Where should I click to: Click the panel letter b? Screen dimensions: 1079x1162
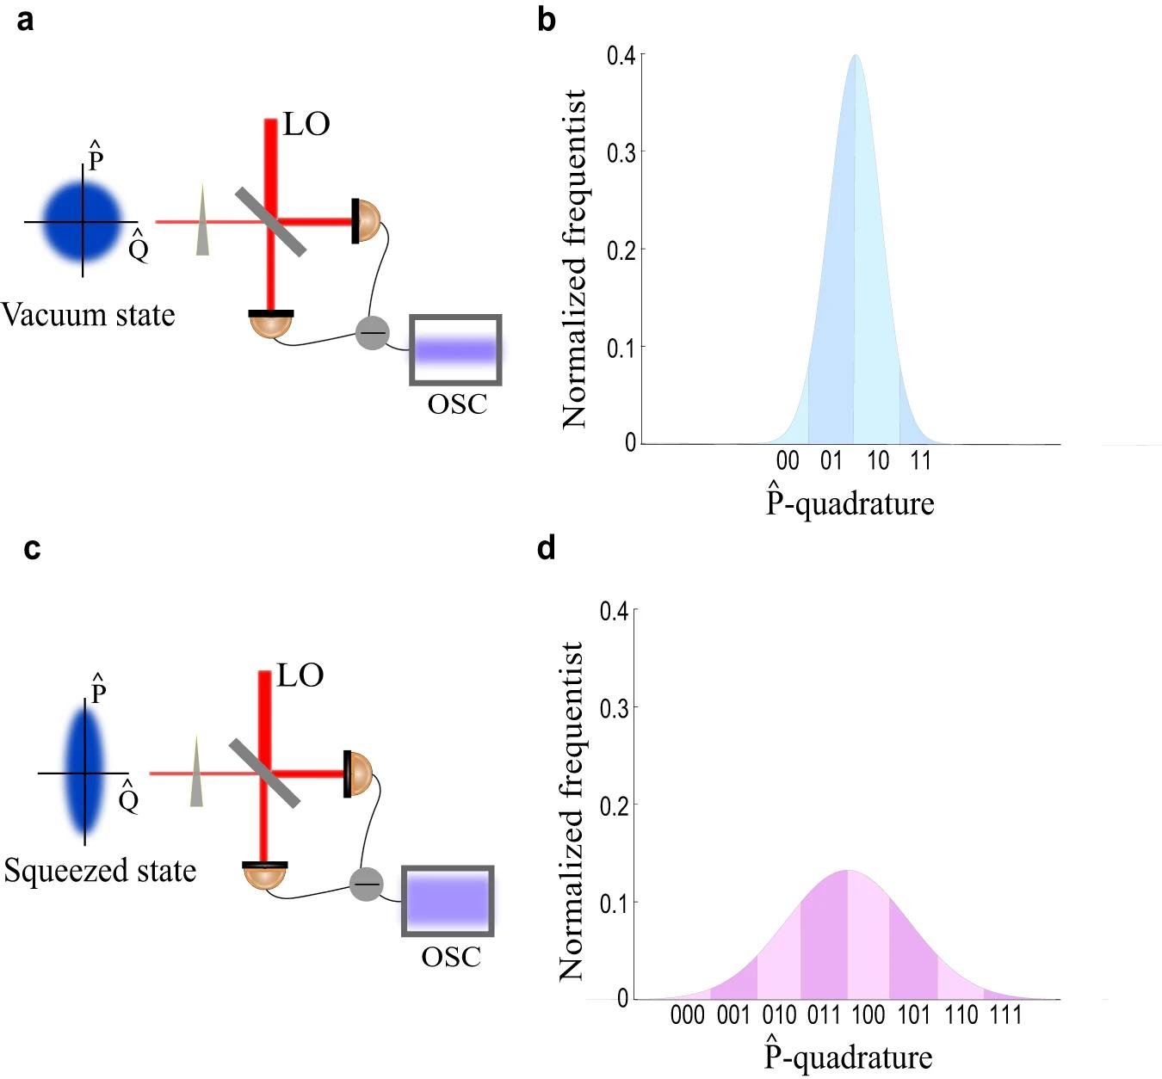point(546,20)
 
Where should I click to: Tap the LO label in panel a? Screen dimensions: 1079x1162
point(306,125)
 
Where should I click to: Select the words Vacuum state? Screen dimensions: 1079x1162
point(88,315)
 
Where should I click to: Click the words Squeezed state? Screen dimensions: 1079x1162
point(100,871)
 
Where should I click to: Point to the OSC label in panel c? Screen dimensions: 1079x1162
point(450,957)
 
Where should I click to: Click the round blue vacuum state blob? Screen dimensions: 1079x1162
point(83,222)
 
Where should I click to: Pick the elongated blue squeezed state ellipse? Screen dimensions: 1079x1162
point(85,772)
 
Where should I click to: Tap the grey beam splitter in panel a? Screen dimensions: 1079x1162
point(271,222)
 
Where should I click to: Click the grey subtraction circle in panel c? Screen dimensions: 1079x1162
point(367,884)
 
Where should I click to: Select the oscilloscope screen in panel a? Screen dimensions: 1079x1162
point(456,350)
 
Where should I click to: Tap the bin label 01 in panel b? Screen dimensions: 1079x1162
point(831,461)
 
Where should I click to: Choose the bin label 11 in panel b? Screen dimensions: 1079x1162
point(921,461)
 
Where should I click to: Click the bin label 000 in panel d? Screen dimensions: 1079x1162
point(687,1016)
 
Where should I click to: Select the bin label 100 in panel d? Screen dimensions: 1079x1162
point(868,1016)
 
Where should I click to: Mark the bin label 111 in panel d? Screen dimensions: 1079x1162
point(1005,1016)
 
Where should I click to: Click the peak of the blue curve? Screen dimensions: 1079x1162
point(855,57)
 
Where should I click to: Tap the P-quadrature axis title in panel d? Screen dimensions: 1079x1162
point(849,1057)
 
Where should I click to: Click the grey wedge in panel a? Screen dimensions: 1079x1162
point(203,219)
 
